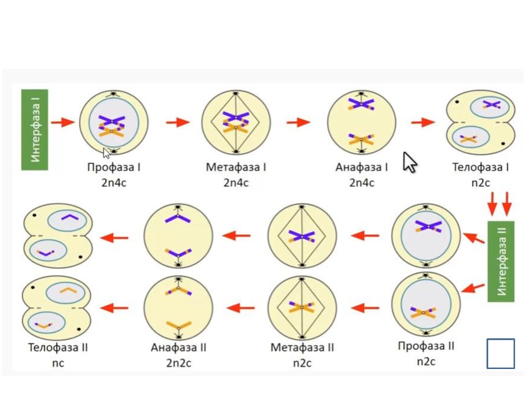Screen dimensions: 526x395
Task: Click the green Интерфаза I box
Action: tap(35, 130)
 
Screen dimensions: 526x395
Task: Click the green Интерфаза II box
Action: tap(501, 261)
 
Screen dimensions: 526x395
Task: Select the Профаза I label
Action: tap(114, 167)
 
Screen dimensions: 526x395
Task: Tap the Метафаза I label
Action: tap(236, 167)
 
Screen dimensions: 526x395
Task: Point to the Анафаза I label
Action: tap(362, 167)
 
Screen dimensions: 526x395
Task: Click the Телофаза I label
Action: tap(480, 167)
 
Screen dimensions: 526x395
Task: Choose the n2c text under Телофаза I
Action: tap(480, 183)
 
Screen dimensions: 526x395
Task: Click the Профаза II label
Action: tap(425, 346)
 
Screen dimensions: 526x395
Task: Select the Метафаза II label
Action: tap(302, 347)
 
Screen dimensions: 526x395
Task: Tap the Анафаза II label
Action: tap(179, 347)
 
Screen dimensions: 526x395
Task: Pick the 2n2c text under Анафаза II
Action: tap(179, 363)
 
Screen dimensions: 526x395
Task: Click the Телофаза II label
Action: tap(58, 347)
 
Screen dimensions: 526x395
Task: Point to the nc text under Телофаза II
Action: tap(58, 363)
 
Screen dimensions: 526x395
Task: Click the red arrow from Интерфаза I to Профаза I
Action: tap(63, 122)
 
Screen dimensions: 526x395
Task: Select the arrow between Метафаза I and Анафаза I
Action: tap(298, 122)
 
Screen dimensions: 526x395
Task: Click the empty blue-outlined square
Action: tap(501, 353)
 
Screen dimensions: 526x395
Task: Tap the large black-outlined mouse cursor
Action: tap(410, 162)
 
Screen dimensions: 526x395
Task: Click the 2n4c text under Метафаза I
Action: tap(236, 183)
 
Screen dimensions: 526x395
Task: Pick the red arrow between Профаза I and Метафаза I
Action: tap(178, 122)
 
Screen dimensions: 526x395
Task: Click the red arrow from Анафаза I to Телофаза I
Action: tap(423, 122)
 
